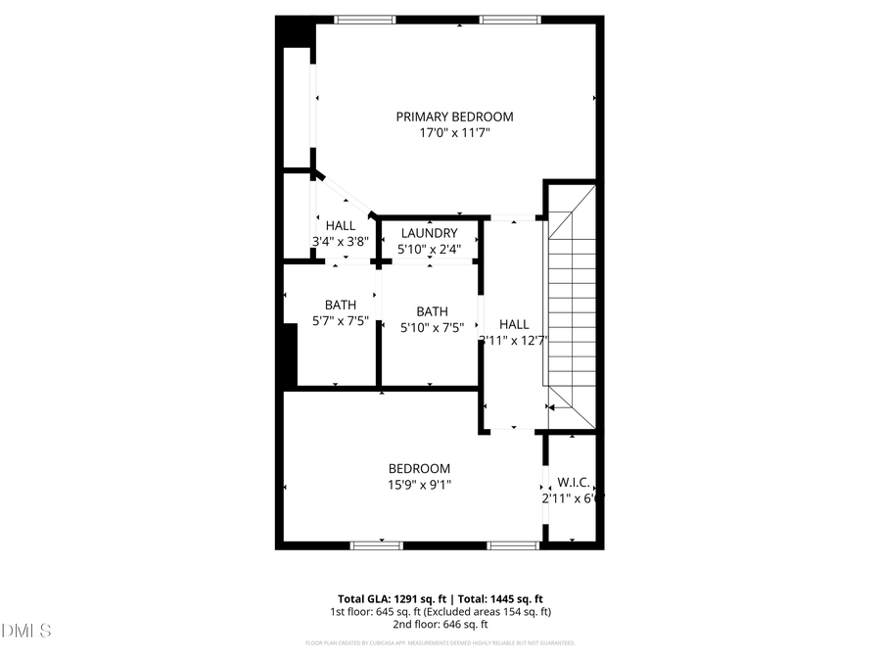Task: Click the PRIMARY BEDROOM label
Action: click(454, 117)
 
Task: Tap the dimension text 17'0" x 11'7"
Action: click(454, 132)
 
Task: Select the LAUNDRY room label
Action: click(429, 233)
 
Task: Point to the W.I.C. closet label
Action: click(573, 482)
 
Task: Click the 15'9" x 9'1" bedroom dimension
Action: click(419, 484)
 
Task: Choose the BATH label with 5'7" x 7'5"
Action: click(341, 305)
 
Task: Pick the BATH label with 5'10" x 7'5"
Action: click(432, 312)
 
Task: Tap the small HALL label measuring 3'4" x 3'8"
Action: click(341, 226)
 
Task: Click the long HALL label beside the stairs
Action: click(514, 324)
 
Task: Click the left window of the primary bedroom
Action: click(365, 19)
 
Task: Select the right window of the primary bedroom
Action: click(510, 19)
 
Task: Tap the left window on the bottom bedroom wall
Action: click(377, 544)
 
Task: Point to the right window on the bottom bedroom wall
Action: click(513, 544)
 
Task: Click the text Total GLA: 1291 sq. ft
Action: click(388, 598)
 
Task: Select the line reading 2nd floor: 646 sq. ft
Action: click(440, 624)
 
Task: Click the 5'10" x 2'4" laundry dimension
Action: click(429, 250)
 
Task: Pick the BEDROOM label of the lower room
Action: click(419, 468)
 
